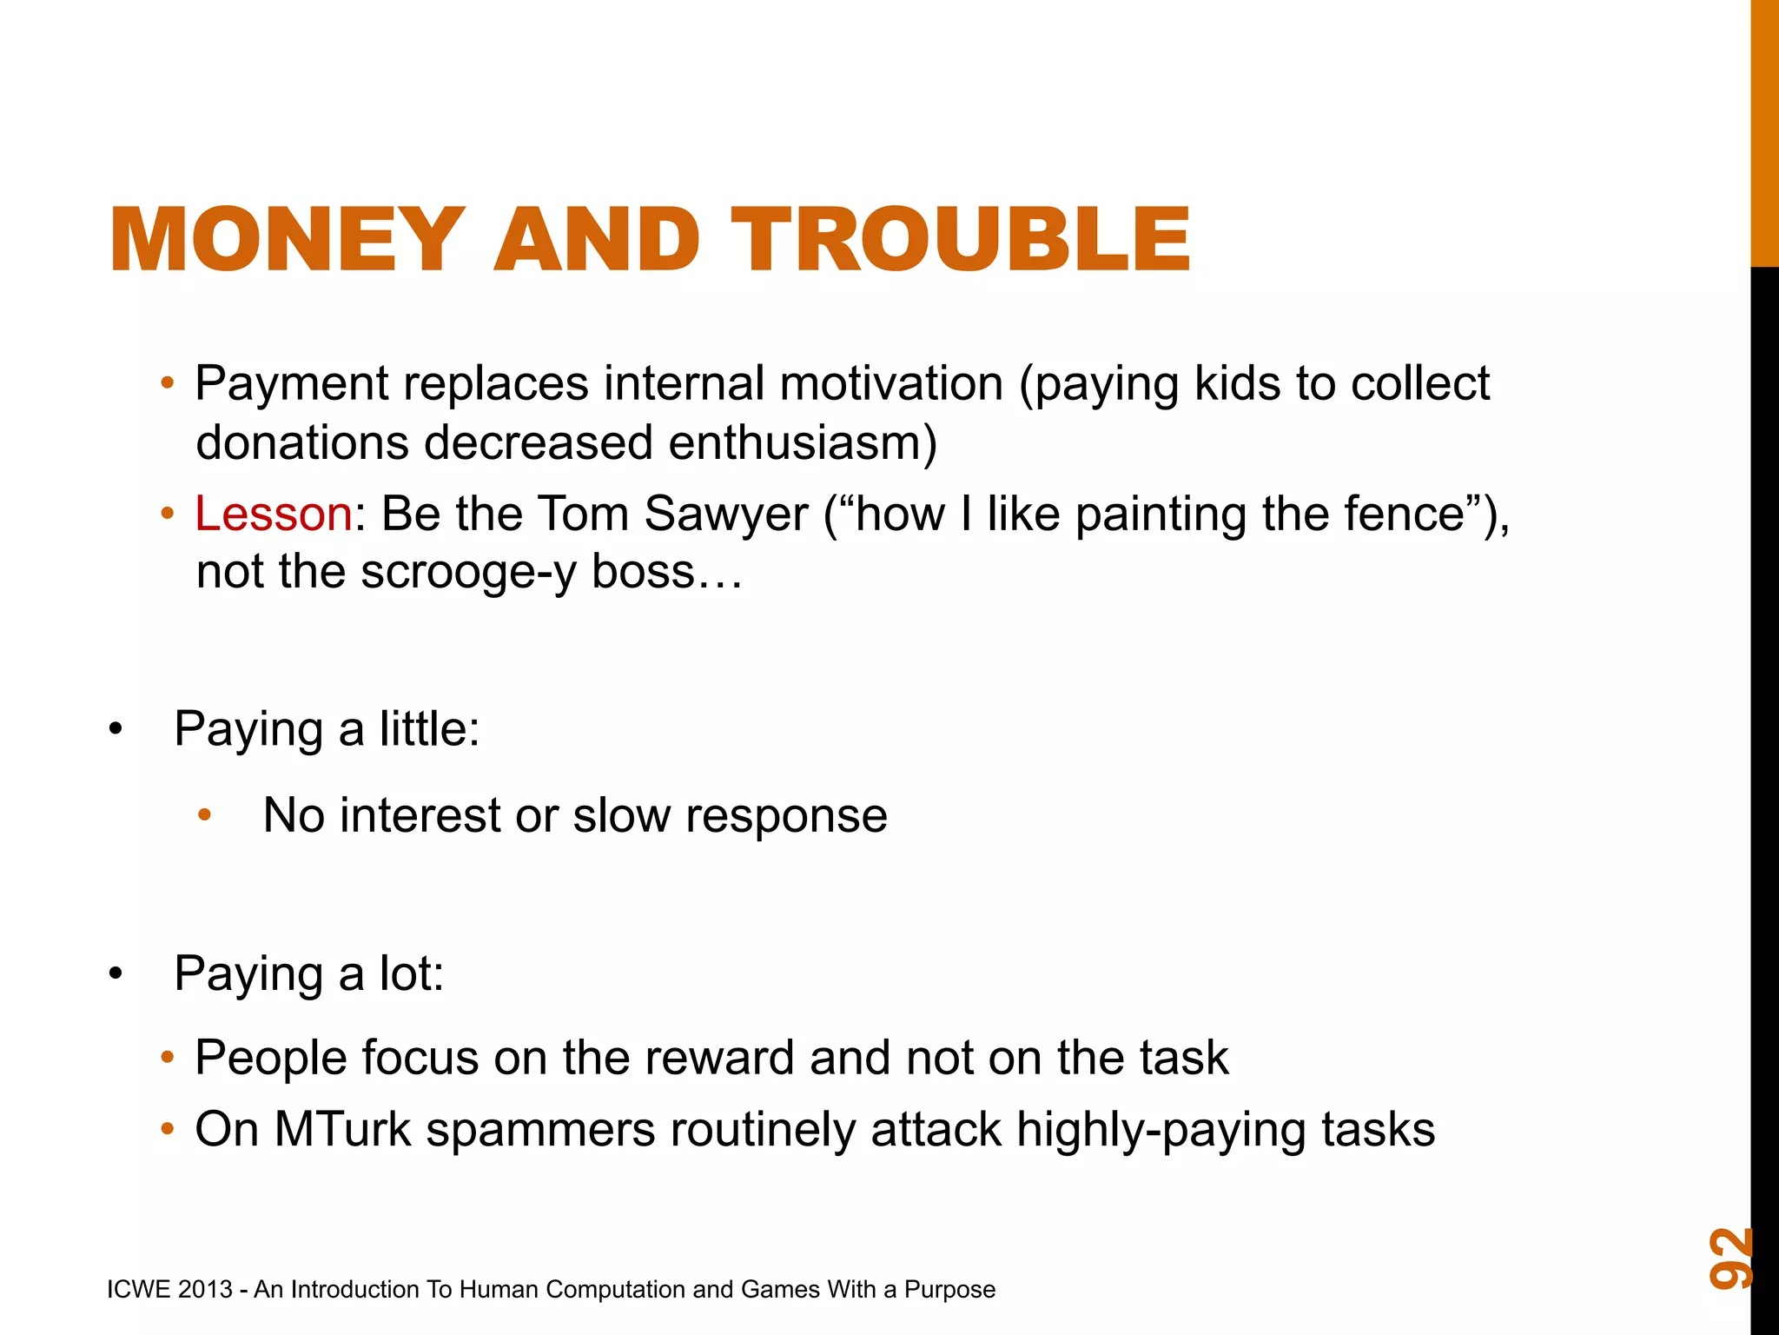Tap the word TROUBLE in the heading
point(961,240)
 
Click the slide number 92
point(1729,1258)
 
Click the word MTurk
point(342,1129)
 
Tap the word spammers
point(540,1129)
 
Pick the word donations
point(302,442)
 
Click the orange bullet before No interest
point(205,815)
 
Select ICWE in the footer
point(137,1289)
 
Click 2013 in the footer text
point(205,1289)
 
